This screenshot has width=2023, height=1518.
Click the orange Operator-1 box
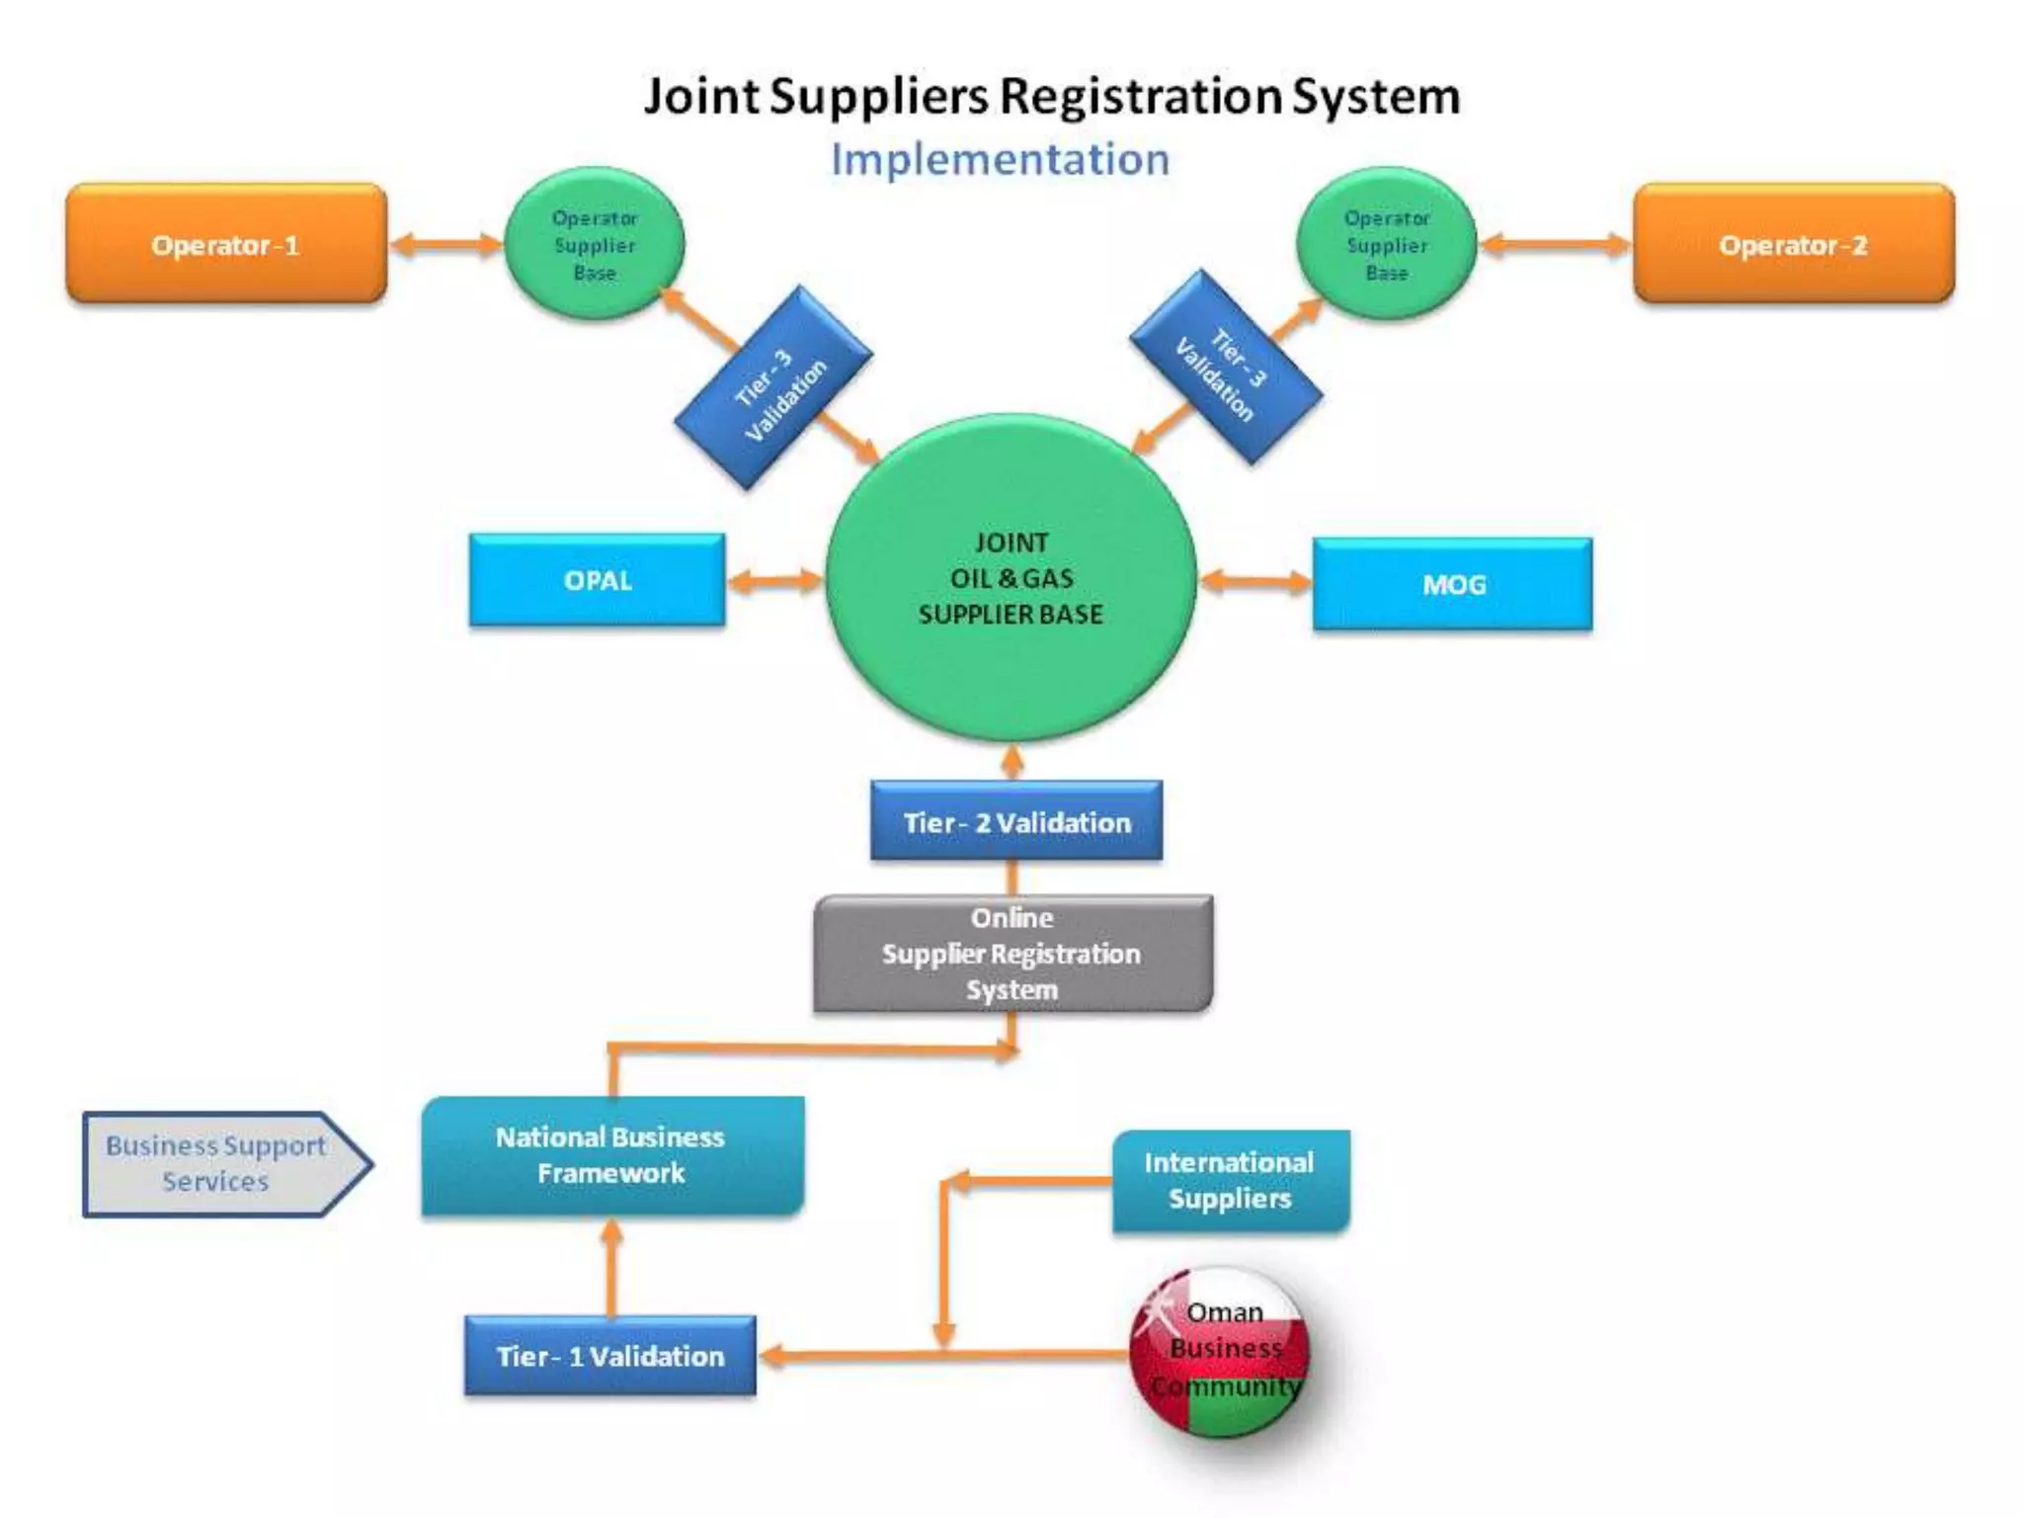(x=226, y=243)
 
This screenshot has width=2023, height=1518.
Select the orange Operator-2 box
(x=1793, y=243)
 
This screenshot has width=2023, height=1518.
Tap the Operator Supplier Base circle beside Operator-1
(x=594, y=243)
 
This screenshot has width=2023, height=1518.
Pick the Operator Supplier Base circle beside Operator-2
(x=1386, y=243)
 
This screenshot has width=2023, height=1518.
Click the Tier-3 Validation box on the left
(x=773, y=387)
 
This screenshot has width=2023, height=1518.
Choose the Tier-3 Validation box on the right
(x=1226, y=367)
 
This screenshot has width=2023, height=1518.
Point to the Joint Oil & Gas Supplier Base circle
(x=1011, y=579)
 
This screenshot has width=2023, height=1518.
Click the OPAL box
(x=597, y=580)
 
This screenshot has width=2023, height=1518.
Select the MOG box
(x=1452, y=584)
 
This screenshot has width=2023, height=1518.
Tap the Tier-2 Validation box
(x=1015, y=821)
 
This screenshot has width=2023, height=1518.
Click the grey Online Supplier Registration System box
(x=1012, y=953)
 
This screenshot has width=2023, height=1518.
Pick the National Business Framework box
(x=611, y=1154)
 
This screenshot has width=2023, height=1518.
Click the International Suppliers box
(x=1230, y=1180)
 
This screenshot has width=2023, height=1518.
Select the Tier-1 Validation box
(x=609, y=1355)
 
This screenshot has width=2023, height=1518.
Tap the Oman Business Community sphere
(x=1222, y=1350)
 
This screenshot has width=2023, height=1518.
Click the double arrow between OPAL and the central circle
(x=774, y=580)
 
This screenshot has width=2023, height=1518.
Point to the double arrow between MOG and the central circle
(x=1254, y=581)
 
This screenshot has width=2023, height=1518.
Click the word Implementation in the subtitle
(x=1000, y=160)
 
